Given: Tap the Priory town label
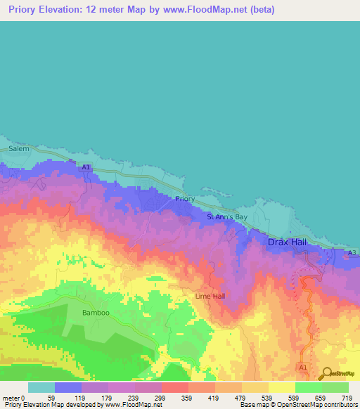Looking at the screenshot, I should coord(185,200).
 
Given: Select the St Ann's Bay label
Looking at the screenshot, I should coord(228,218).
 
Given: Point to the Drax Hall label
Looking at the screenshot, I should coord(287,242).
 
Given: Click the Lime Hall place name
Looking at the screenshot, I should coord(210,297).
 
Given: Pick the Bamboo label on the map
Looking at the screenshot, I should coord(96,312).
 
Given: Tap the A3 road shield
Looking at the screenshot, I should coord(352,252).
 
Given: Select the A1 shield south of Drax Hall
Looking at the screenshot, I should coord(304,368).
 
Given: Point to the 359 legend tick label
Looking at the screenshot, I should coord(188,397).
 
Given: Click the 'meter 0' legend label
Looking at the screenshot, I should coord(14,397).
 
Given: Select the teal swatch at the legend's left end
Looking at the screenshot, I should coord(41,387).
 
